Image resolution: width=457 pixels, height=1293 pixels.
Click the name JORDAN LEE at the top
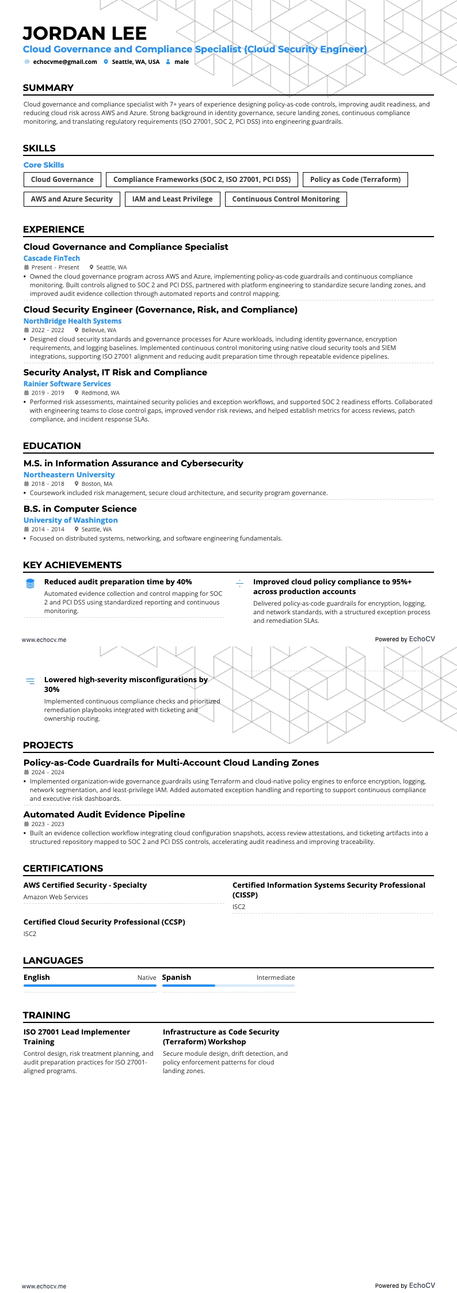[x=85, y=33]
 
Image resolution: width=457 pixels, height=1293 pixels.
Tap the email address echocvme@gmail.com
[x=64, y=62]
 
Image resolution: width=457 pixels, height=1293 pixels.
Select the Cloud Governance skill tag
[x=62, y=180]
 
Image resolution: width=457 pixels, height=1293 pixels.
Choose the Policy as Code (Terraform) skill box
[x=355, y=180]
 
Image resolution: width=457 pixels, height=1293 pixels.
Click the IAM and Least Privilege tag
[x=172, y=199]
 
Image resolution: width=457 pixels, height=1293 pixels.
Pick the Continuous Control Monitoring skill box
[x=285, y=199]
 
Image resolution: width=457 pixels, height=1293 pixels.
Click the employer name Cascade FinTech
[x=52, y=258]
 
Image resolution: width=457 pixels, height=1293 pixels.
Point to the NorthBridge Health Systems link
[x=73, y=321]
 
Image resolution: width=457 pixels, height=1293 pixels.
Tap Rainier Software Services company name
[x=67, y=384]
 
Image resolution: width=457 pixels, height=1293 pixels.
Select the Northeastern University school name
[x=69, y=475]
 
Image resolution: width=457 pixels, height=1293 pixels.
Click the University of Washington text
[x=71, y=520]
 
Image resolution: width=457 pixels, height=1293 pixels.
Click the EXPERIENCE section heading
[x=54, y=230]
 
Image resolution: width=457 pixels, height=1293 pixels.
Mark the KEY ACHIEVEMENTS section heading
[x=73, y=565]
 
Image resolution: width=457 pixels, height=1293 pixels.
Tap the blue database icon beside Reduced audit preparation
[x=31, y=584]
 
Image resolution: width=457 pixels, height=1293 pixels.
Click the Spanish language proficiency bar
[x=228, y=986]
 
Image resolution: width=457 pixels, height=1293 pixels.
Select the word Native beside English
[x=147, y=978]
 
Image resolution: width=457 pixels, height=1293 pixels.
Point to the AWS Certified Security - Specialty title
[x=85, y=885]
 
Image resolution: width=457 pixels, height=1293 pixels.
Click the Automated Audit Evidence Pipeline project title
[x=104, y=815]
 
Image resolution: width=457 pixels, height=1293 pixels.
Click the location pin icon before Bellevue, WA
[x=77, y=330]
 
